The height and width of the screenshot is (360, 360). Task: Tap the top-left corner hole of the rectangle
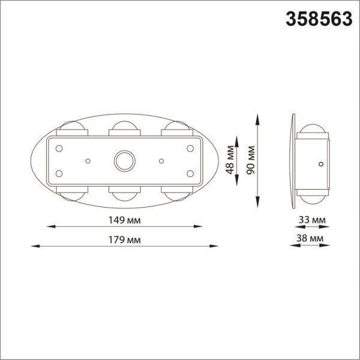tap(60, 148)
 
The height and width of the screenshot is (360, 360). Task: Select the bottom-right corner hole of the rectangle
tap(190, 174)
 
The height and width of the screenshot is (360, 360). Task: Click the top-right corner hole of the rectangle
tap(190, 148)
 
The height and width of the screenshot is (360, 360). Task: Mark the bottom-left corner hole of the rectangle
tap(60, 174)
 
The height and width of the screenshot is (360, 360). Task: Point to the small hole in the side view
tap(321, 163)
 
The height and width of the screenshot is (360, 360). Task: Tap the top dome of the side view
tap(313, 129)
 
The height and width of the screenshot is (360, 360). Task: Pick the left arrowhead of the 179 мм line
tap(32, 246)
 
